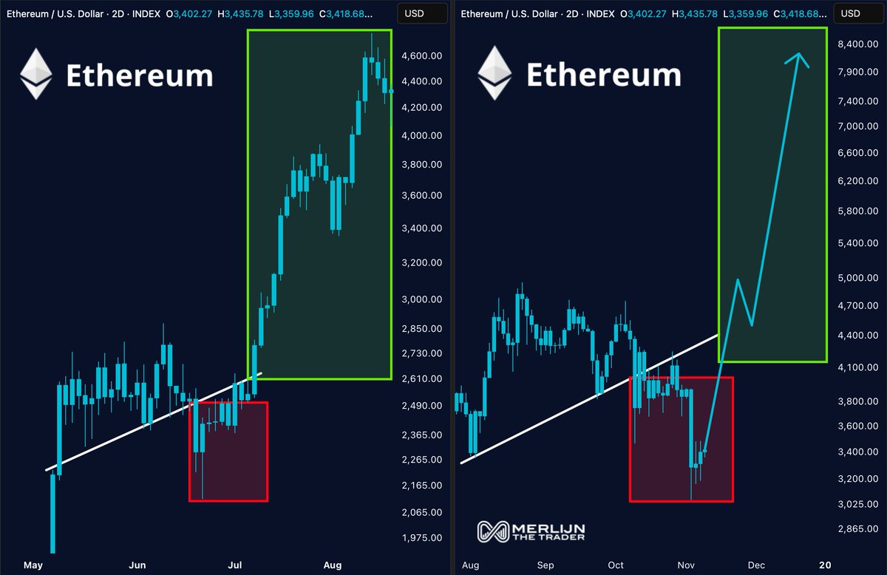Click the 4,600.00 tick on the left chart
(x=421, y=56)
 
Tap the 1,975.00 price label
(x=421, y=538)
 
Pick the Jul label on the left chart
(x=234, y=565)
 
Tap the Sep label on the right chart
(x=546, y=565)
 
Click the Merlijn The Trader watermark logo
(x=531, y=531)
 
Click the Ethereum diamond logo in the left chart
(x=35, y=74)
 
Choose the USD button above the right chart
(x=851, y=13)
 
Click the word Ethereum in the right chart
(x=603, y=75)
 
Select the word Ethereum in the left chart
(x=140, y=75)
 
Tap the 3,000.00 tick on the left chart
(x=421, y=299)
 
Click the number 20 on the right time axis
(x=826, y=565)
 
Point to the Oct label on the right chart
(x=616, y=565)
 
